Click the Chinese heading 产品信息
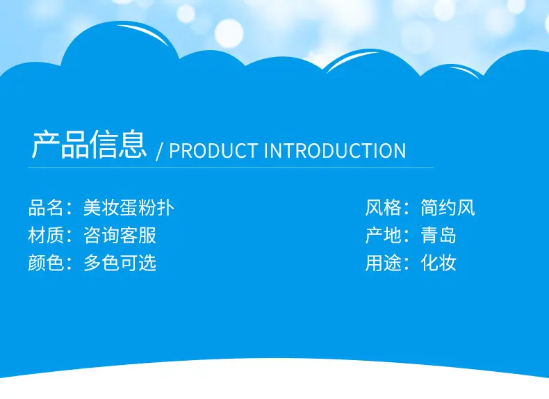(x=89, y=145)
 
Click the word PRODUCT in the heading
(x=213, y=151)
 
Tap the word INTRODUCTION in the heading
(x=335, y=151)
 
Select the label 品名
(x=45, y=207)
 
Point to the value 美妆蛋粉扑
(x=129, y=207)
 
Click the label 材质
(x=45, y=235)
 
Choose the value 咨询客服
(x=120, y=235)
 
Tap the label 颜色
(x=45, y=263)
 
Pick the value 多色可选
(x=120, y=263)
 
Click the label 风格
(x=383, y=207)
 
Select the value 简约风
(x=448, y=207)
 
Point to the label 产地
(x=383, y=235)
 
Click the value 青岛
(x=439, y=235)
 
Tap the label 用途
(x=383, y=263)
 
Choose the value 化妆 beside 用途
(x=439, y=263)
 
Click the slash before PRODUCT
(x=160, y=152)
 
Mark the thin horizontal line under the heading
(x=231, y=168)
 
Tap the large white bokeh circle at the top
(x=229, y=33)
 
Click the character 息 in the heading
(x=132, y=145)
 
